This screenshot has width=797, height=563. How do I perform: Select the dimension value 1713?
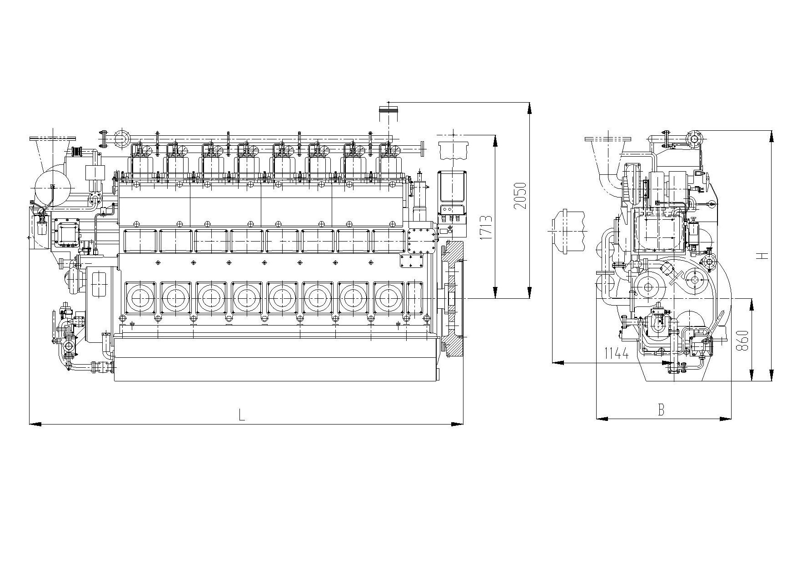tap(485, 227)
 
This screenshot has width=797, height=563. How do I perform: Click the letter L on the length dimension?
tap(242, 415)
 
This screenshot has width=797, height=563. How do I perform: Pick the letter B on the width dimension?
tap(662, 410)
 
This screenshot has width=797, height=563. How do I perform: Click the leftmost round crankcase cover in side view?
tap(140, 297)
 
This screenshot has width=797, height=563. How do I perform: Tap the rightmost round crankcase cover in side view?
tap(389, 297)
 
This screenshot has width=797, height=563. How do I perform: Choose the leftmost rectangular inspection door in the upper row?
tap(140, 240)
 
